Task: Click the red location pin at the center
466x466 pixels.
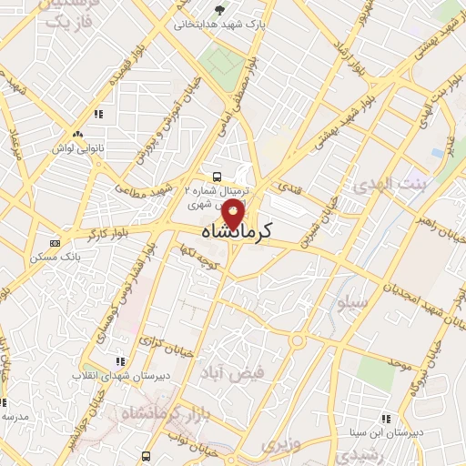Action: click(234, 215)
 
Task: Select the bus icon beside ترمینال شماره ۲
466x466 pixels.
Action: click(216, 177)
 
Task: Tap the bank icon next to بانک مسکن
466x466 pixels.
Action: click(56, 243)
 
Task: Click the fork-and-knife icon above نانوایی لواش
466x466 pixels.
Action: click(98, 114)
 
